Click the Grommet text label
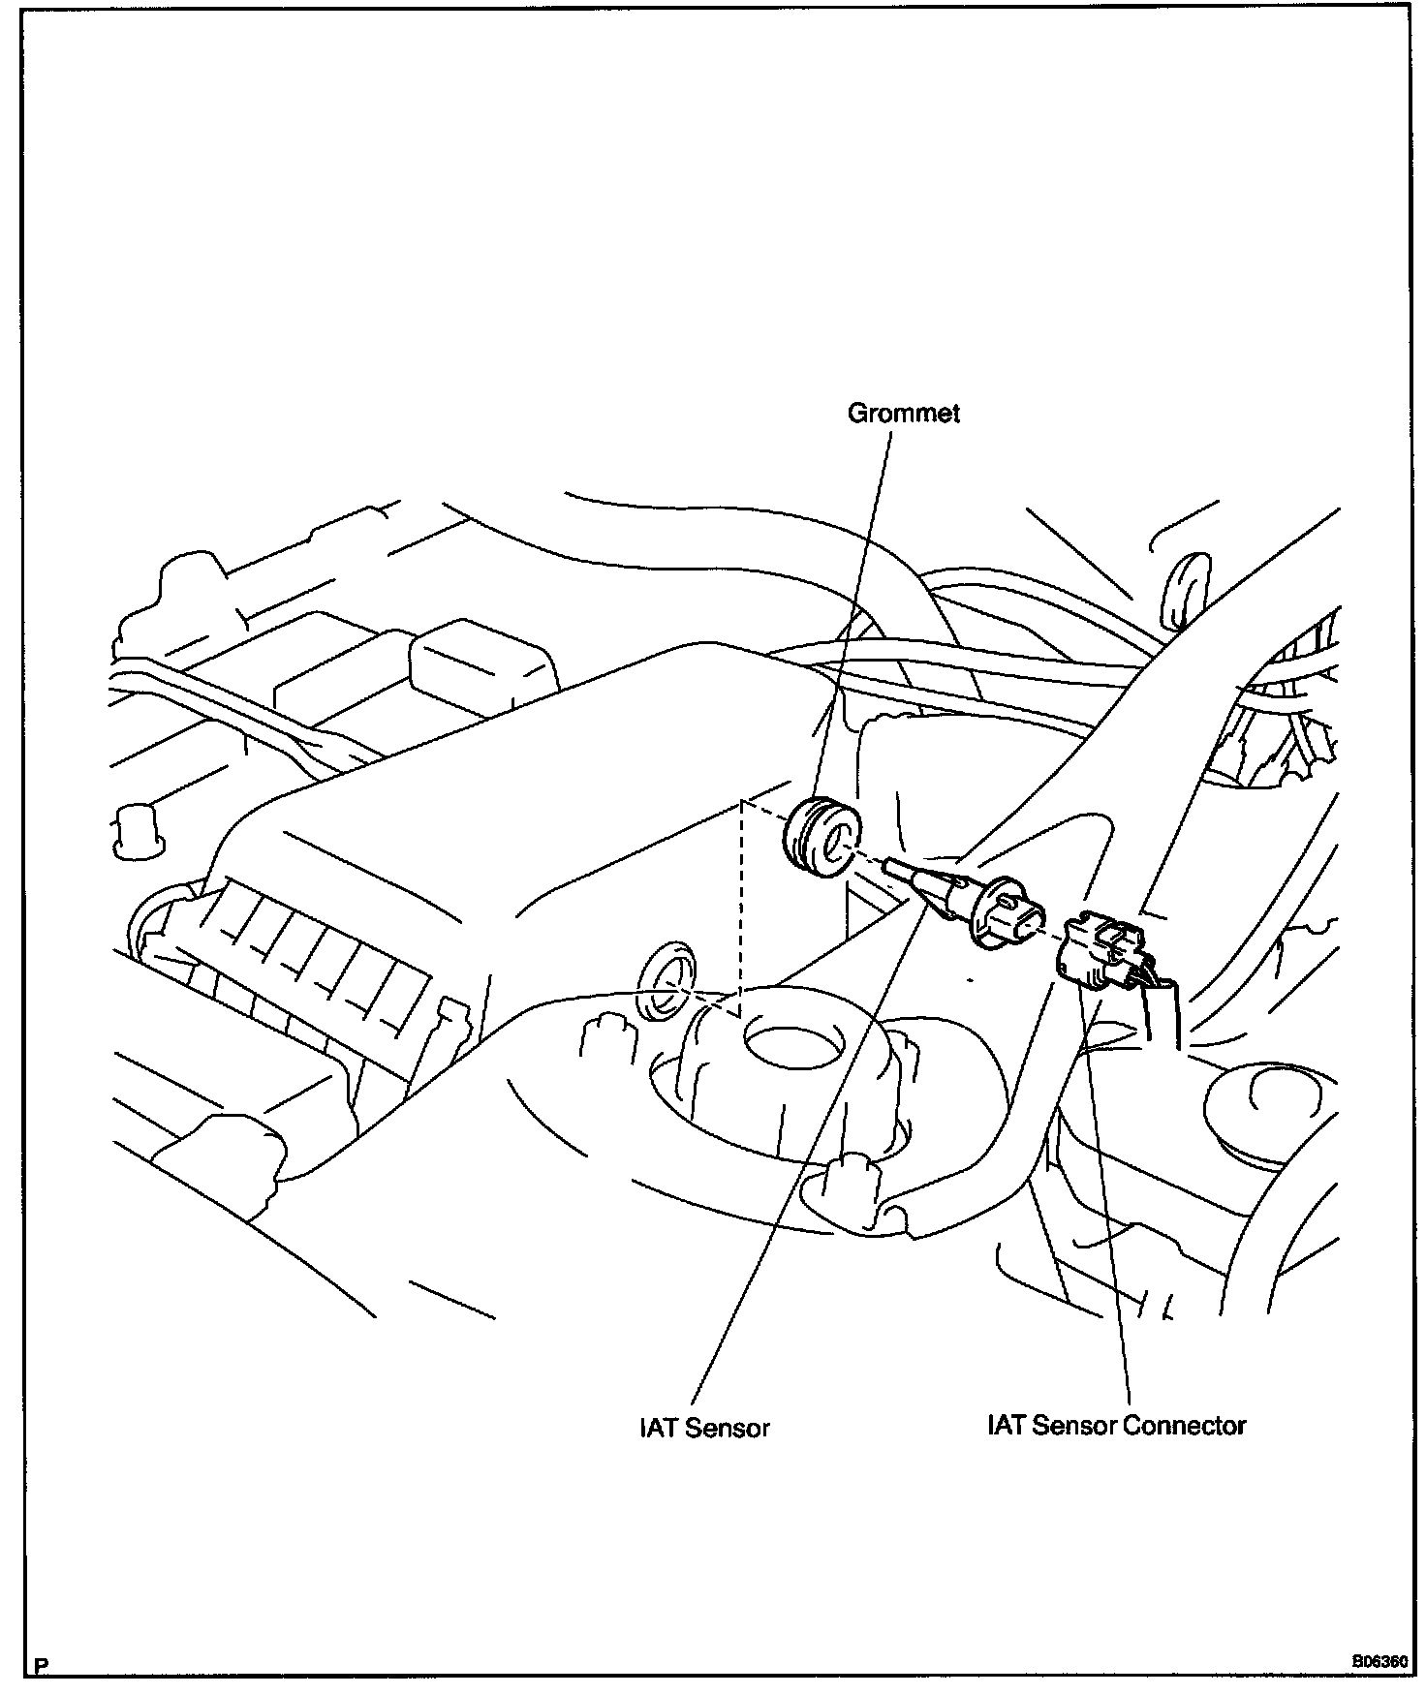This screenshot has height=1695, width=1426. pos(903,414)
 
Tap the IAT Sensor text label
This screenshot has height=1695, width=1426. pos(704,1428)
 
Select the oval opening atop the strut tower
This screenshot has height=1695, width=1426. pos(791,1047)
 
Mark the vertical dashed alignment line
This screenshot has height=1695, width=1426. pos(741,910)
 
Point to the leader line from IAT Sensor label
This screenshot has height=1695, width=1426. pos(804,1162)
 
